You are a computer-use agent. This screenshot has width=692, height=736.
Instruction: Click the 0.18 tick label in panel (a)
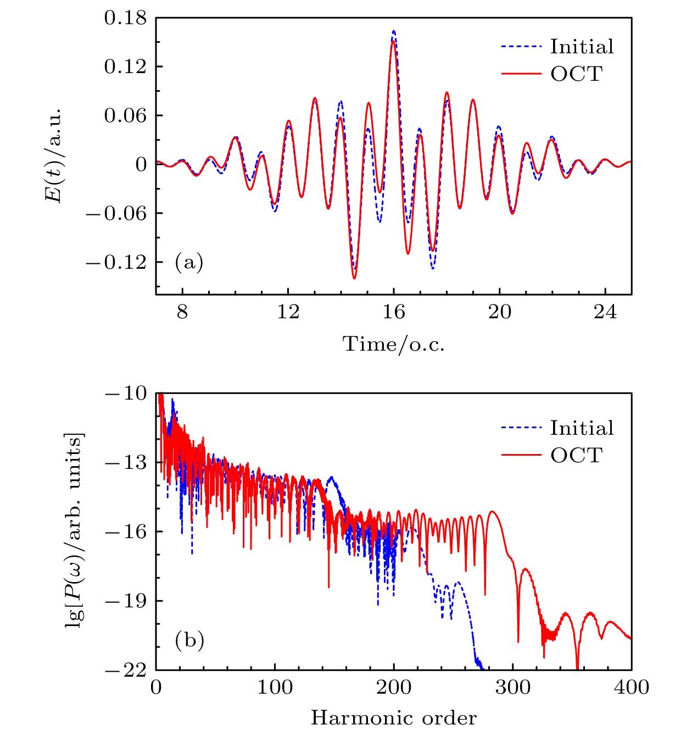point(126,18)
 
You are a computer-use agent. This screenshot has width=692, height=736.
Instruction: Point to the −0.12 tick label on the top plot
point(116,262)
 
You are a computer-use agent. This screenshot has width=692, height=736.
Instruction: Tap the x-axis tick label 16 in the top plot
point(394,313)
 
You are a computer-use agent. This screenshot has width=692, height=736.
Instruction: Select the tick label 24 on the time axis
point(605,313)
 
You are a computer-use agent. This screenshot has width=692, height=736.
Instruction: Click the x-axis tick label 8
point(182,313)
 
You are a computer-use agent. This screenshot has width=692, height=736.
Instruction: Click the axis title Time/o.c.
point(394,345)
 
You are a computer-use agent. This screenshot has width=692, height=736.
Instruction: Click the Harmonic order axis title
point(394,718)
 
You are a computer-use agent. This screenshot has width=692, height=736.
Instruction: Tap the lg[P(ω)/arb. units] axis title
point(75,531)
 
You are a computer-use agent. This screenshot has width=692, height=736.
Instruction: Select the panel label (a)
point(189,262)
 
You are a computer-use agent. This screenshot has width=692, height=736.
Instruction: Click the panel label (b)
point(189,640)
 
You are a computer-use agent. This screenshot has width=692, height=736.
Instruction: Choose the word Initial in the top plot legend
point(582,47)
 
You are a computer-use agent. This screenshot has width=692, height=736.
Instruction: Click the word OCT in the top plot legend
point(577,74)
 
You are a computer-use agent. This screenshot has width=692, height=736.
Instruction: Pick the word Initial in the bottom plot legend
point(582,428)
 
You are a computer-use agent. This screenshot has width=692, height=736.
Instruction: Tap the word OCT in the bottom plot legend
point(577,455)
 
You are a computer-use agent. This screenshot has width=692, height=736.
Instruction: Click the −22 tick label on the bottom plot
point(126,671)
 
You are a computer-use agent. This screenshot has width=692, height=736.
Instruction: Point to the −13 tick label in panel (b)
point(126,463)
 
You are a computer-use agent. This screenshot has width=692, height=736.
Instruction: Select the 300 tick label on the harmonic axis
point(513,687)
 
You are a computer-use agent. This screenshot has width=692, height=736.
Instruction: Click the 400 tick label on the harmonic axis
point(632,687)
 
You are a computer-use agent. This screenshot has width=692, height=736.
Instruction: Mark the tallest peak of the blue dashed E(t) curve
point(394,31)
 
